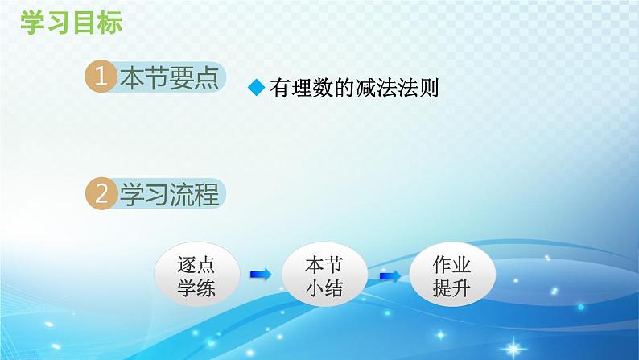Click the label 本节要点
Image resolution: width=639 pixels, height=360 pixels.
[169, 78]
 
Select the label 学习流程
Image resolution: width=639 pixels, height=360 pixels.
[169, 194]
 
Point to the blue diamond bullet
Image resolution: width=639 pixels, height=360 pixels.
[256, 89]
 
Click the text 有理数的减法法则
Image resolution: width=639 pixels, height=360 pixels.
[355, 89]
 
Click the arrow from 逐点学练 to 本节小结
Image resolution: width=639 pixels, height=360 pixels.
[260, 275]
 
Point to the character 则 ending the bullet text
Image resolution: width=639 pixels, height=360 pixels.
[429, 89]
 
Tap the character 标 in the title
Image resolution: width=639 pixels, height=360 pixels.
[110, 23]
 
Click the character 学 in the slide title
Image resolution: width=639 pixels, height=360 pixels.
[30, 23]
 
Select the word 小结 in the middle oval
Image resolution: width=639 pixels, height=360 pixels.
[325, 288]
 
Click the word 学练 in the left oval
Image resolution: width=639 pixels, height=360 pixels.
[196, 288]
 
